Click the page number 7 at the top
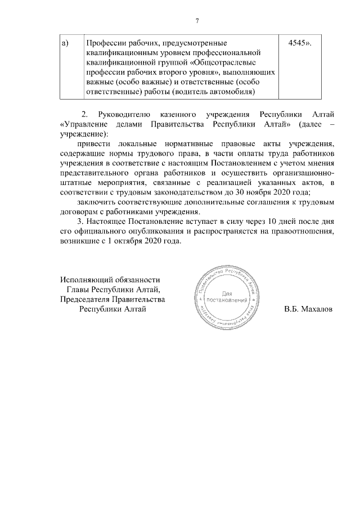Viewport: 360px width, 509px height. click(197, 21)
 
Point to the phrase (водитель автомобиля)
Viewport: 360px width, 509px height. click(214, 92)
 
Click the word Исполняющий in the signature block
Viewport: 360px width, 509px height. click(85, 280)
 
